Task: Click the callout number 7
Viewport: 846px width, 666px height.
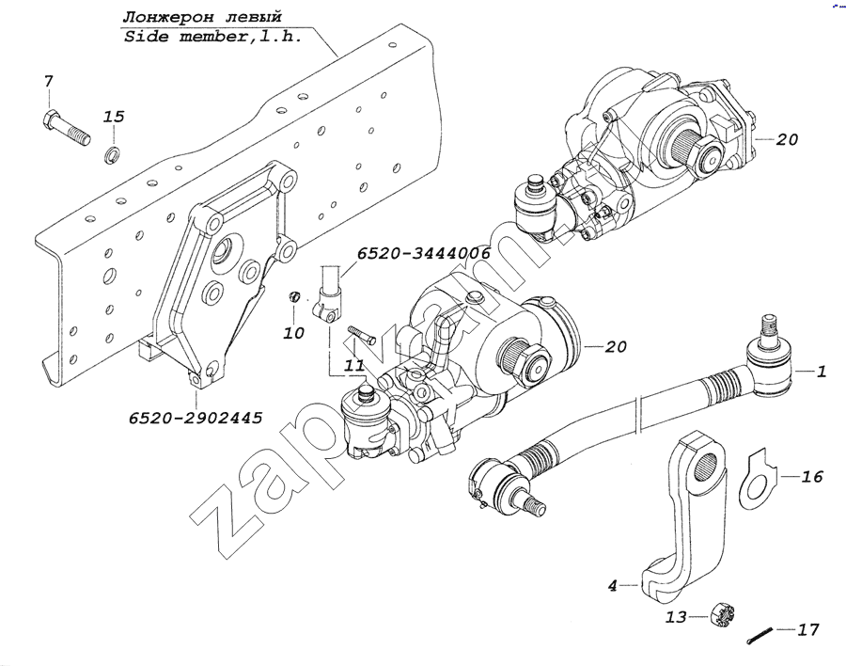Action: [49, 83]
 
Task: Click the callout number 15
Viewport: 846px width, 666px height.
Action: [113, 117]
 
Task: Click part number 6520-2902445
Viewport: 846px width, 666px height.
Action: [197, 415]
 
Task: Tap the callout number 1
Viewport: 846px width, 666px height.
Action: [821, 373]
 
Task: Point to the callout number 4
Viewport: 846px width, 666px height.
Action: [612, 585]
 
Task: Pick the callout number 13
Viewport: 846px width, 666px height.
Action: [676, 618]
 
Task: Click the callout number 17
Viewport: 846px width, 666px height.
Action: [807, 627]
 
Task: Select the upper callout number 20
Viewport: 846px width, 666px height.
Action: [787, 139]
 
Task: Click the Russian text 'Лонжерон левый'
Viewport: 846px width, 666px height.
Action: [201, 18]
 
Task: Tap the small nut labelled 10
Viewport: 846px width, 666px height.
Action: [293, 300]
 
